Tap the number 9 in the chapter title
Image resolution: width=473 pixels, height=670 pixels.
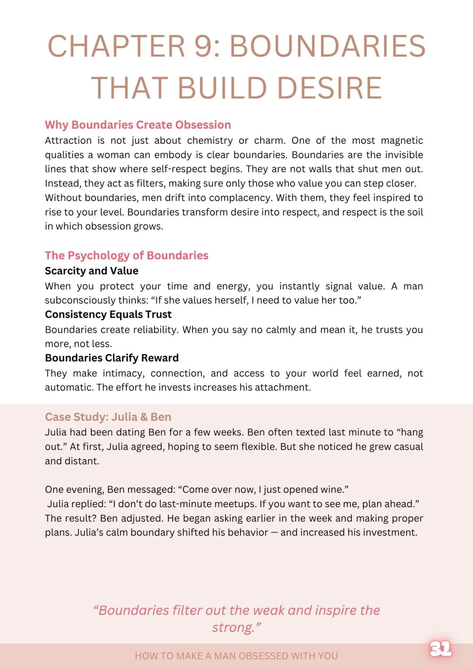point(204,46)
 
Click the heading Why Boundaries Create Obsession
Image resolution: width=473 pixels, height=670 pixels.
point(138,125)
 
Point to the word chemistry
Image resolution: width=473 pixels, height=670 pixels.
point(210,141)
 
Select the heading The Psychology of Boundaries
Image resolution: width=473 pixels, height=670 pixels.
point(127,255)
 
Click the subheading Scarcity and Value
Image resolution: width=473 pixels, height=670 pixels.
point(91,271)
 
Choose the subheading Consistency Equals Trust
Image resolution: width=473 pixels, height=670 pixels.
point(108,314)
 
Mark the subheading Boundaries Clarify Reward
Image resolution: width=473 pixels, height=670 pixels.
point(112,358)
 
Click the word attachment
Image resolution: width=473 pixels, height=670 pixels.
point(282,387)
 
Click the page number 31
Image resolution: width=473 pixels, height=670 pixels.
point(440,648)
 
